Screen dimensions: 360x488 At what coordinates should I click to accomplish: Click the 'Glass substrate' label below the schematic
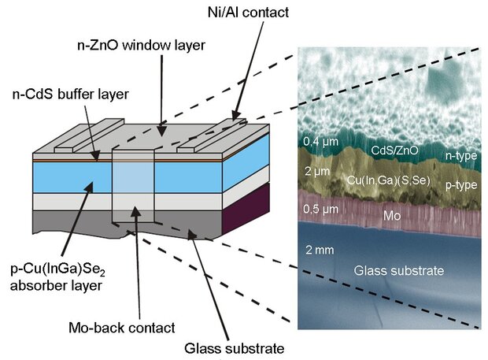click(234, 346)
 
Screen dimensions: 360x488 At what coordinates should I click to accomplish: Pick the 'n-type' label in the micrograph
click(460, 156)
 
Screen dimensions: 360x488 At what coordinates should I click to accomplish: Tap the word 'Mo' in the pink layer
click(390, 213)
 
